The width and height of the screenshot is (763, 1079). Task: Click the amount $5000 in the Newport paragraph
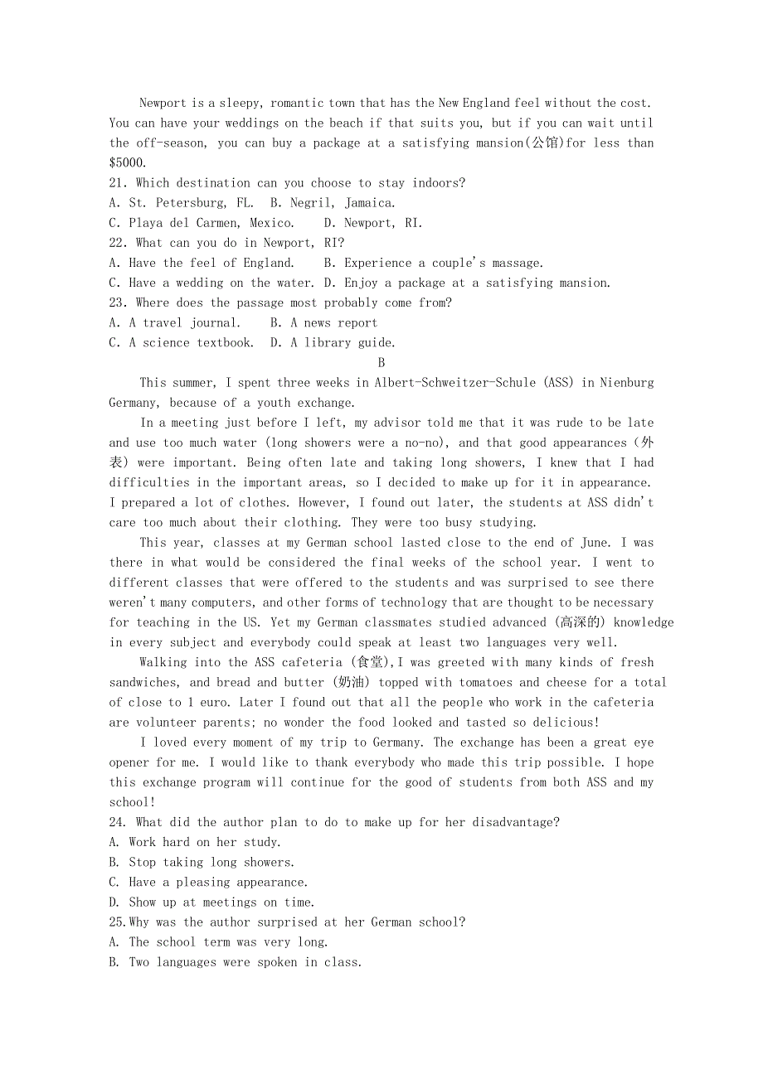coord(127,163)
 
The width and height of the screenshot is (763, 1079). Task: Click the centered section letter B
coord(381,362)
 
